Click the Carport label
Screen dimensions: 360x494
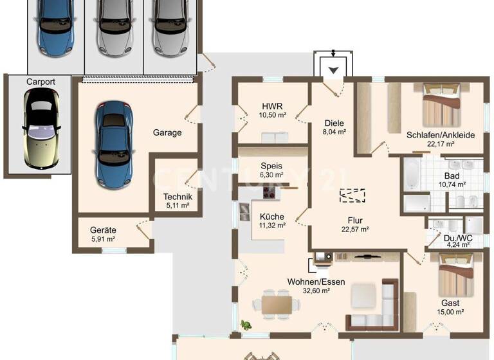coord(40,82)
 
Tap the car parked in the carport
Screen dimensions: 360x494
coord(41,129)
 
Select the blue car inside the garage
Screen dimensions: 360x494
coord(113,145)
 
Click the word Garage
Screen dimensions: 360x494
coord(167,133)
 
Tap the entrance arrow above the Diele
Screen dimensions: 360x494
coord(333,70)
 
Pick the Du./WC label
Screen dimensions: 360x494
coord(459,239)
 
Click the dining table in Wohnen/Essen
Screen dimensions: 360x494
coord(277,302)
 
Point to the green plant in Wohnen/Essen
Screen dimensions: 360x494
coord(245,325)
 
